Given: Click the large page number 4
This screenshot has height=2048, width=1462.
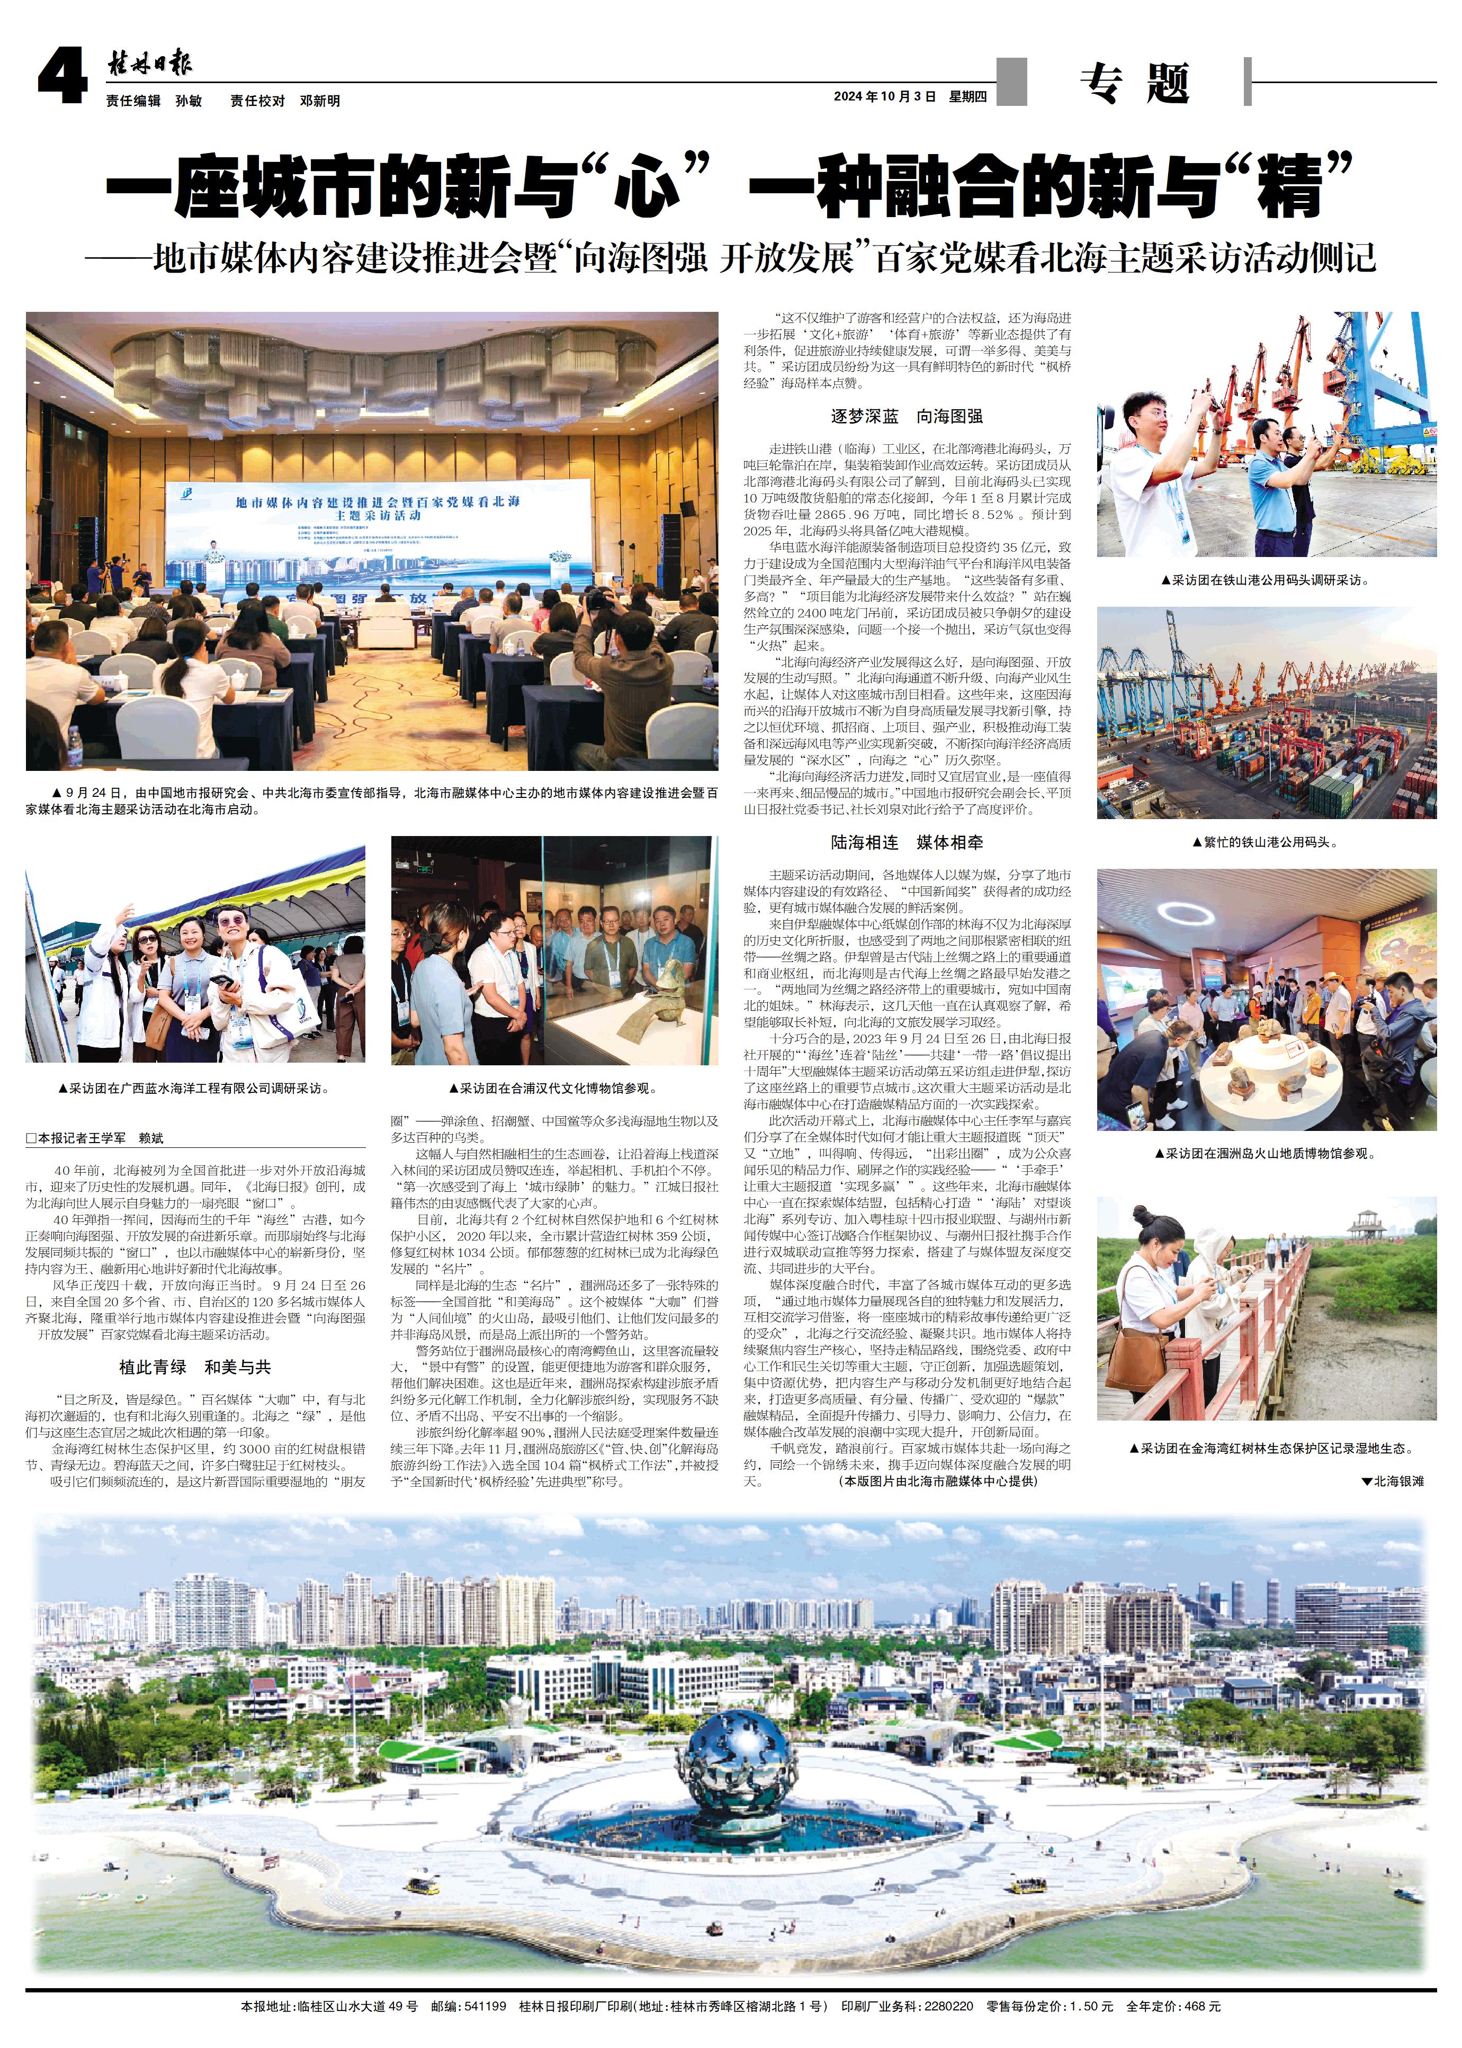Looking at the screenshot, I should (x=62, y=77).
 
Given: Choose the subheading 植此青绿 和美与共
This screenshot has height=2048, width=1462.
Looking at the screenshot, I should (x=194, y=1367).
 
